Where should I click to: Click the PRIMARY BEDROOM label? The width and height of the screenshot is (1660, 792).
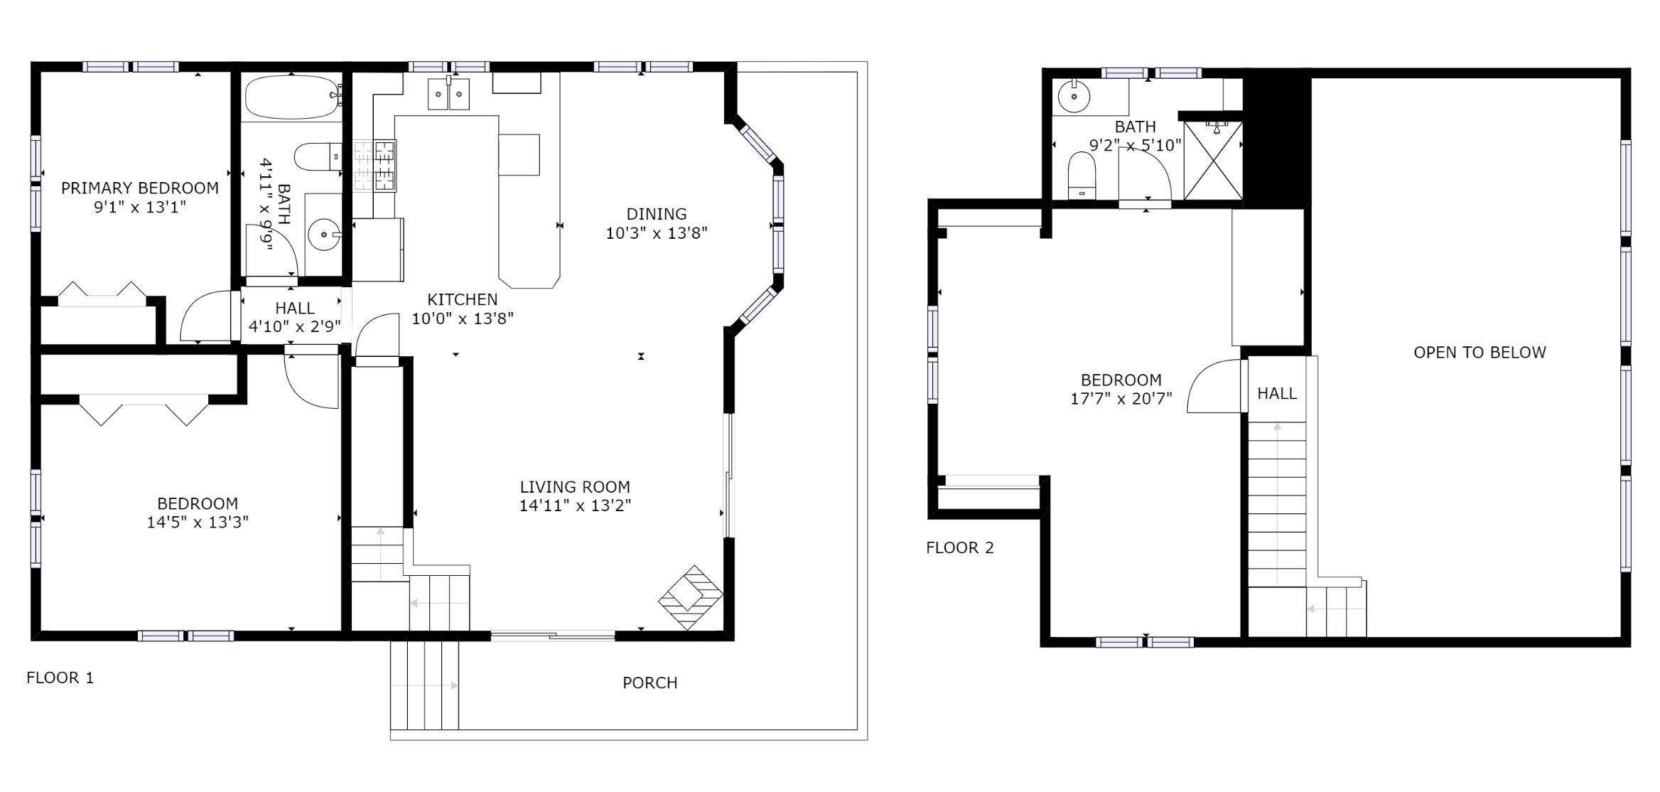coord(140,188)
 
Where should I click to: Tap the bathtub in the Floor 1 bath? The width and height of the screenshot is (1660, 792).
coord(292,97)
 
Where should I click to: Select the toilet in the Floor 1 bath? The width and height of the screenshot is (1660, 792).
coord(318,157)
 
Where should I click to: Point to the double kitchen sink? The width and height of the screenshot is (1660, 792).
coord(448,94)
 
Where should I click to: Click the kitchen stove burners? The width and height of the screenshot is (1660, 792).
coord(374,166)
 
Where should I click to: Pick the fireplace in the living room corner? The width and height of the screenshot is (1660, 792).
coord(690,596)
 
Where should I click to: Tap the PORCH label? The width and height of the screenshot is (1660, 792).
coord(650,683)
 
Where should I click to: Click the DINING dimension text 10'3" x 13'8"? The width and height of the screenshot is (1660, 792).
coord(657,233)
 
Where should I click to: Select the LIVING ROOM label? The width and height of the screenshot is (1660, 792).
coord(575,487)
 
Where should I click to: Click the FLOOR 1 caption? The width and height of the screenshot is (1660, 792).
coord(60,678)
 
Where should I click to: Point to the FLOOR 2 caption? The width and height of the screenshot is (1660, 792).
coord(960,547)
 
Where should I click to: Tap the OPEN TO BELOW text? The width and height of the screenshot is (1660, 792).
coord(1480,353)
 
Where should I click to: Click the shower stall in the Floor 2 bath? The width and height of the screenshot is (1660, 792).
coord(1213,161)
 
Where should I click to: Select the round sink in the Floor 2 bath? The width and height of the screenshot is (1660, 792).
coord(1074,97)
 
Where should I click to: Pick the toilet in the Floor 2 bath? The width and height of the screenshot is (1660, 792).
coord(1082,176)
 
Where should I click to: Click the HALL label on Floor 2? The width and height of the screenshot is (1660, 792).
coord(1277,393)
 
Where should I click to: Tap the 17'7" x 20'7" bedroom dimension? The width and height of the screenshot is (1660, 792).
coord(1121,399)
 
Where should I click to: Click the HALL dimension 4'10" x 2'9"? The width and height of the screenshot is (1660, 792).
coord(295,327)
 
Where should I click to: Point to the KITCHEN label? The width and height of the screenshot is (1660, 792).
coord(463,299)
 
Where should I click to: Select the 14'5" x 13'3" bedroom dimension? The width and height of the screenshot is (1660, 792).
coord(198,523)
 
